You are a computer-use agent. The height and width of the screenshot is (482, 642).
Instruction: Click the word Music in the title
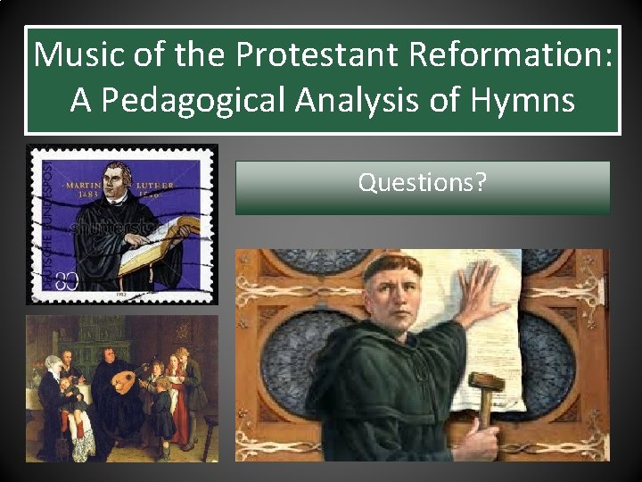click(x=75, y=56)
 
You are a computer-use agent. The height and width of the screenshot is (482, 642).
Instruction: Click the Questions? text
click(x=422, y=183)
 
